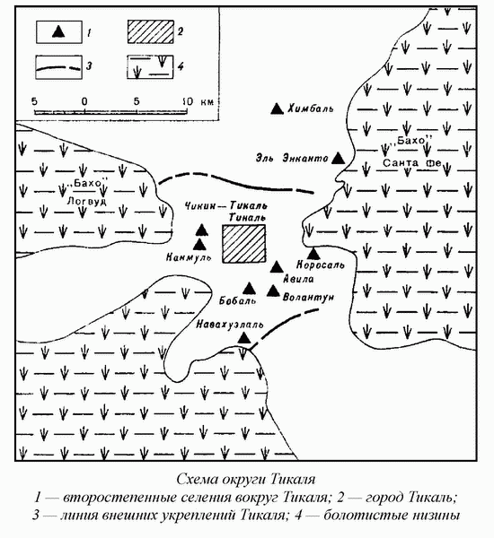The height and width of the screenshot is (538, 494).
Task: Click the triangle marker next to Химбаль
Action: (277, 108)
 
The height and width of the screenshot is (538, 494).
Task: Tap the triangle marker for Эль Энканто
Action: (339, 158)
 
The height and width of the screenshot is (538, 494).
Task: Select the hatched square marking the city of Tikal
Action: (243, 244)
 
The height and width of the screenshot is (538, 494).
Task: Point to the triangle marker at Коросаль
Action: (313, 254)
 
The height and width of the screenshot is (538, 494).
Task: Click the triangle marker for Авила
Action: (277, 267)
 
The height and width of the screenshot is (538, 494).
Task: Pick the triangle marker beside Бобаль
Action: (249, 289)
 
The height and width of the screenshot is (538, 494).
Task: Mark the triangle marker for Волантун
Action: (274, 291)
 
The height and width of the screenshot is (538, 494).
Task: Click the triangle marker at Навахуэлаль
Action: (244, 338)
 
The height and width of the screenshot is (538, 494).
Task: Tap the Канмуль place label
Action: (189, 257)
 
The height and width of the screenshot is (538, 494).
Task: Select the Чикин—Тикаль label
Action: (225, 206)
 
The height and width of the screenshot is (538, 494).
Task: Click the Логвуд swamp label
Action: (86, 201)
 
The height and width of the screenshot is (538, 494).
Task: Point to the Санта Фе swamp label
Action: (412, 162)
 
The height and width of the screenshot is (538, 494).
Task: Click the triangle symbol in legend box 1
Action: (58, 31)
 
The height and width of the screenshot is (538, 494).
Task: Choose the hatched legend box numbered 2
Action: (151, 32)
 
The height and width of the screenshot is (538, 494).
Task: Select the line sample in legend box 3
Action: (58, 67)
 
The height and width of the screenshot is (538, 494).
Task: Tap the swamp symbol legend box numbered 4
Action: (150, 67)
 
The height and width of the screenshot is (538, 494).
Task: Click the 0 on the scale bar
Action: (84, 101)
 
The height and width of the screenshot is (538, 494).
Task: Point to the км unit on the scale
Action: (207, 102)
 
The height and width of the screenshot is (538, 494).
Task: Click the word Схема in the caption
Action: (197, 479)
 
